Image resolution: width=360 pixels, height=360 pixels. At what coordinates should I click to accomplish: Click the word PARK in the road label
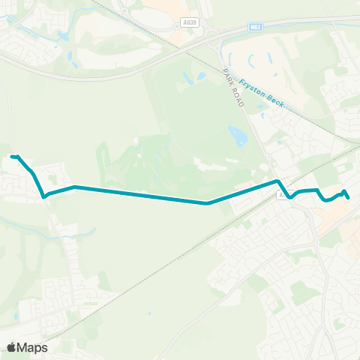(x=227, y=76)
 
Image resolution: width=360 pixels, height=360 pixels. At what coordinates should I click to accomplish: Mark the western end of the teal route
(x=13, y=156)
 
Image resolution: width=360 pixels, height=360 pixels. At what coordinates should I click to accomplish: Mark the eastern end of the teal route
(x=349, y=197)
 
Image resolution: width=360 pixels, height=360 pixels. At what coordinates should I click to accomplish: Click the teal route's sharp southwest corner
(x=45, y=196)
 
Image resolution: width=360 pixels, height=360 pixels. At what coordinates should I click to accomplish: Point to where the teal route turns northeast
(x=208, y=202)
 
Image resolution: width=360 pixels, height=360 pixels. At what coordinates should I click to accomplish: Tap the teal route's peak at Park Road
(x=277, y=181)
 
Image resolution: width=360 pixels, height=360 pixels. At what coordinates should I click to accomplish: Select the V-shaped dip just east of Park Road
(x=290, y=198)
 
